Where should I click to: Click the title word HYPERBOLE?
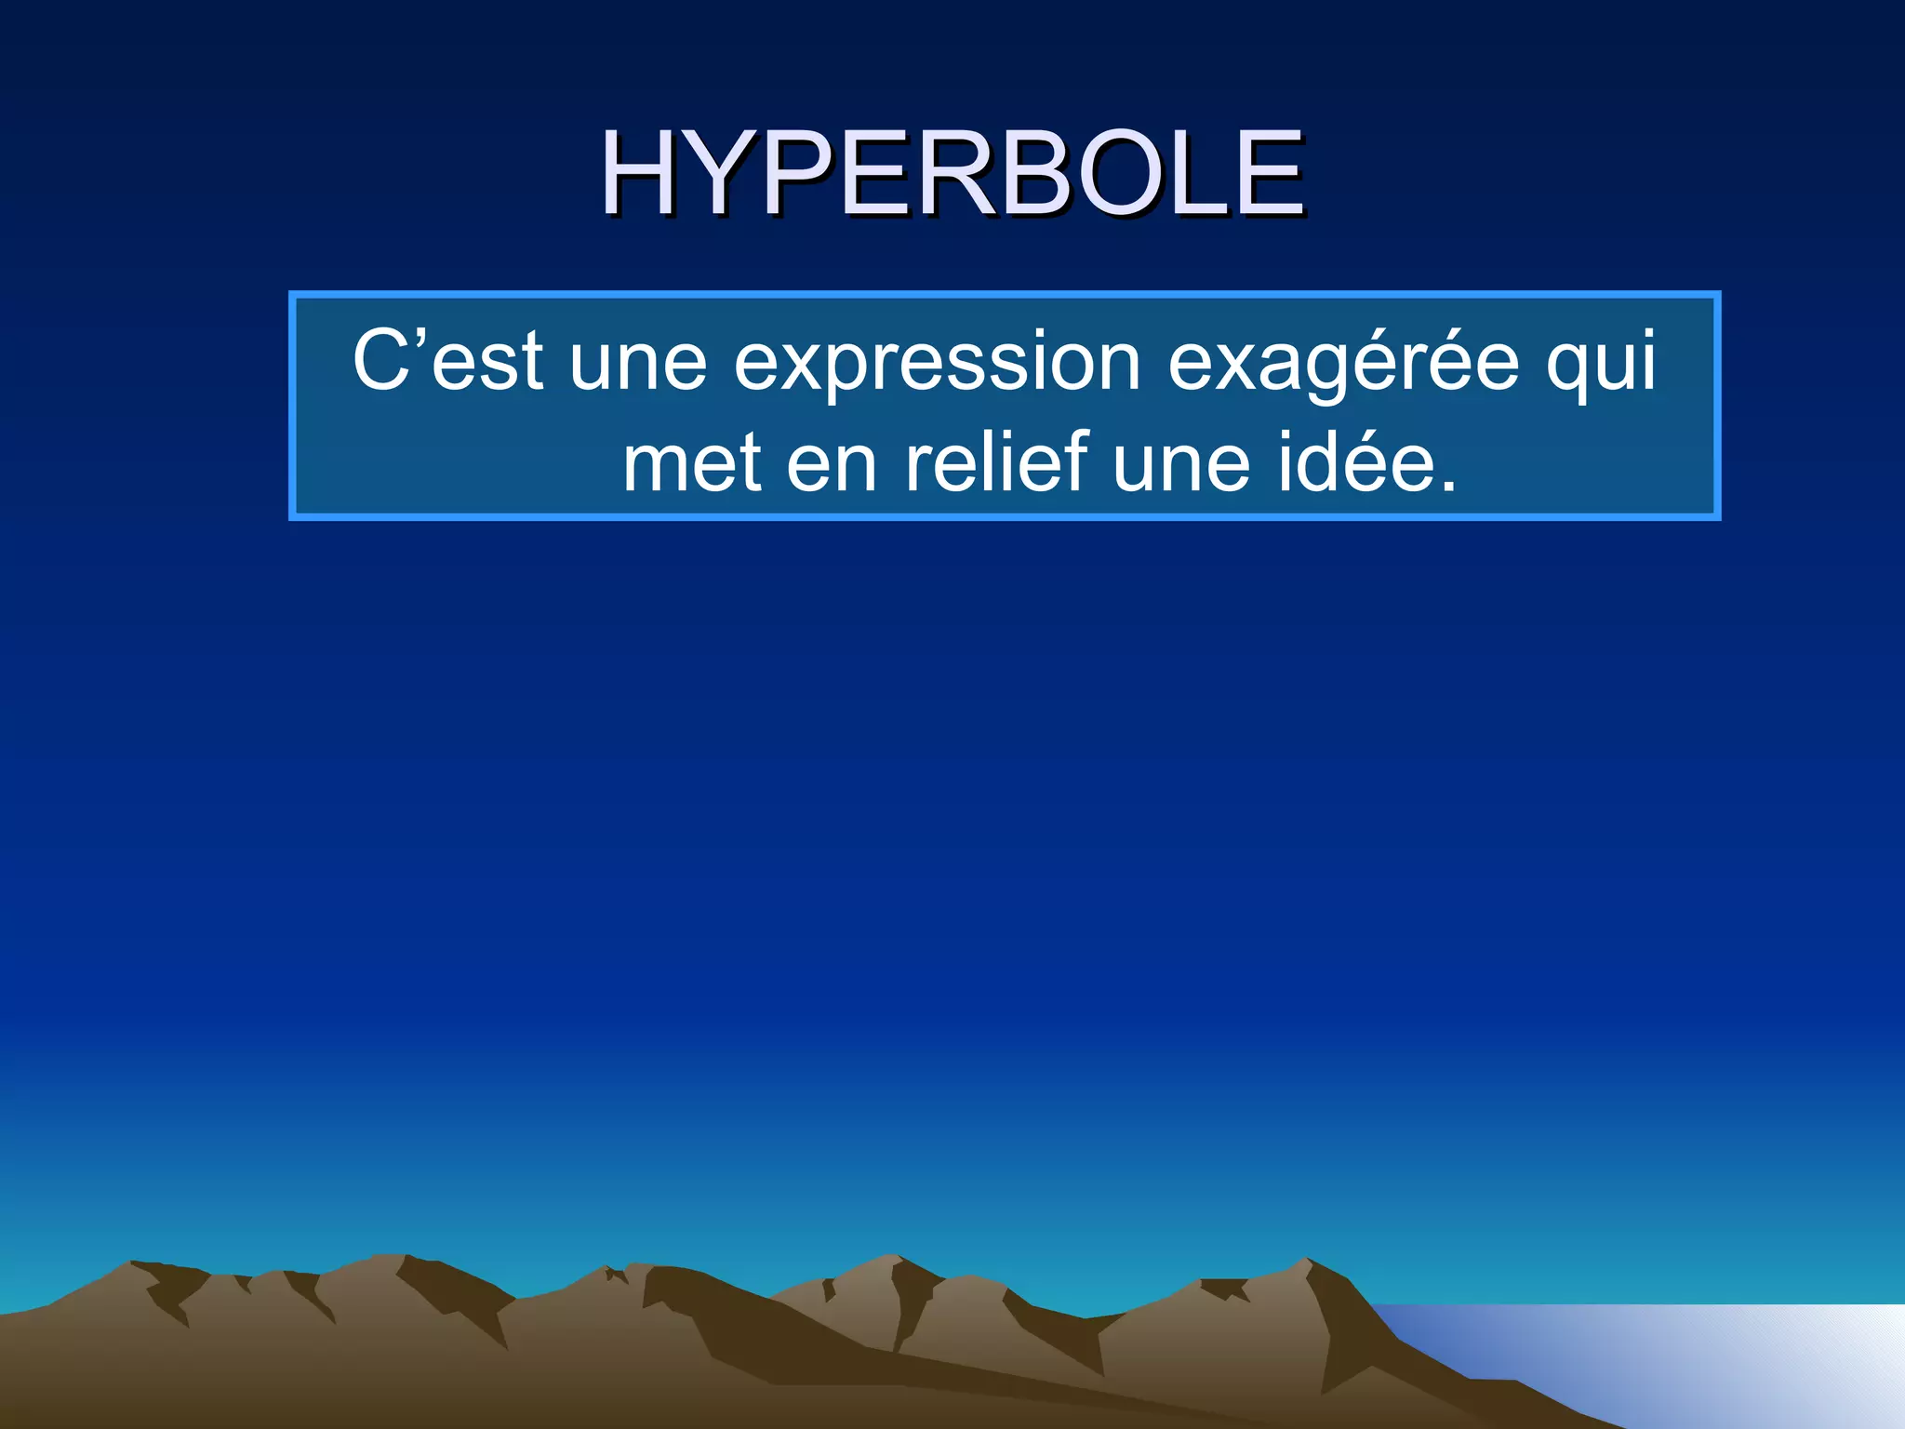tap(952, 173)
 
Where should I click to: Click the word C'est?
tap(447, 361)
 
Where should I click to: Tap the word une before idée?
tap(1180, 464)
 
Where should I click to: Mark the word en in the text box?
tap(832, 464)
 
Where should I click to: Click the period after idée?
tap(1446, 484)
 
